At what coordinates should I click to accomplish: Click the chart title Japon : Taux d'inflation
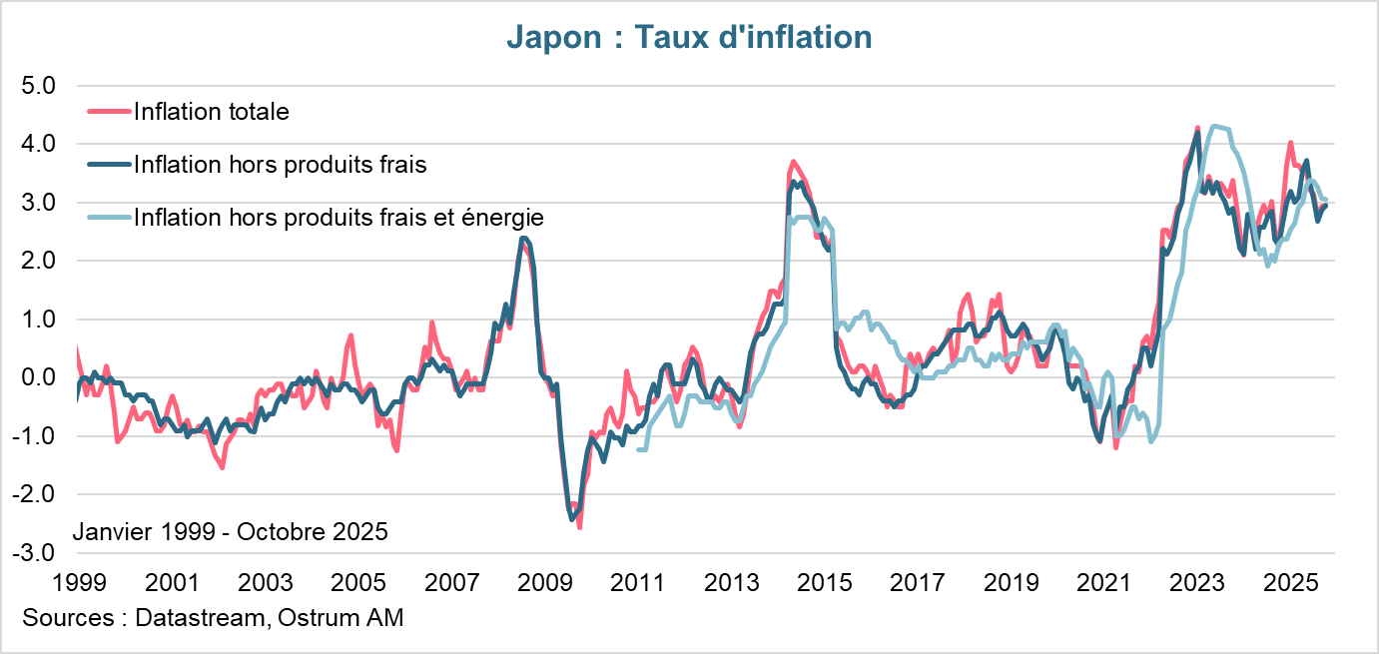click(689, 37)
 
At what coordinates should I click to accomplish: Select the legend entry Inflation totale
click(211, 112)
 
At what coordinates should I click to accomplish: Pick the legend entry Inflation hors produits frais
click(280, 165)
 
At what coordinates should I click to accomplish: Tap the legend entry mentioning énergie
click(339, 218)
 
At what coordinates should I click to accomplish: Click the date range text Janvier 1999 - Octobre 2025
click(231, 531)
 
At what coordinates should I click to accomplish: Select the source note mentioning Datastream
click(212, 618)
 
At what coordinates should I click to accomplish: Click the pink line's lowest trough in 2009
click(579, 526)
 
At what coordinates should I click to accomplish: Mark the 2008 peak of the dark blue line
click(523, 238)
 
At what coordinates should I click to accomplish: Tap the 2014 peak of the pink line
click(792, 161)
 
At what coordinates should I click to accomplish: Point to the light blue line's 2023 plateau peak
click(1214, 126)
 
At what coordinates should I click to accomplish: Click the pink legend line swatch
click(109, 112)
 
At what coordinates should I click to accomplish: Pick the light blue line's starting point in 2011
click(639, 450)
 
